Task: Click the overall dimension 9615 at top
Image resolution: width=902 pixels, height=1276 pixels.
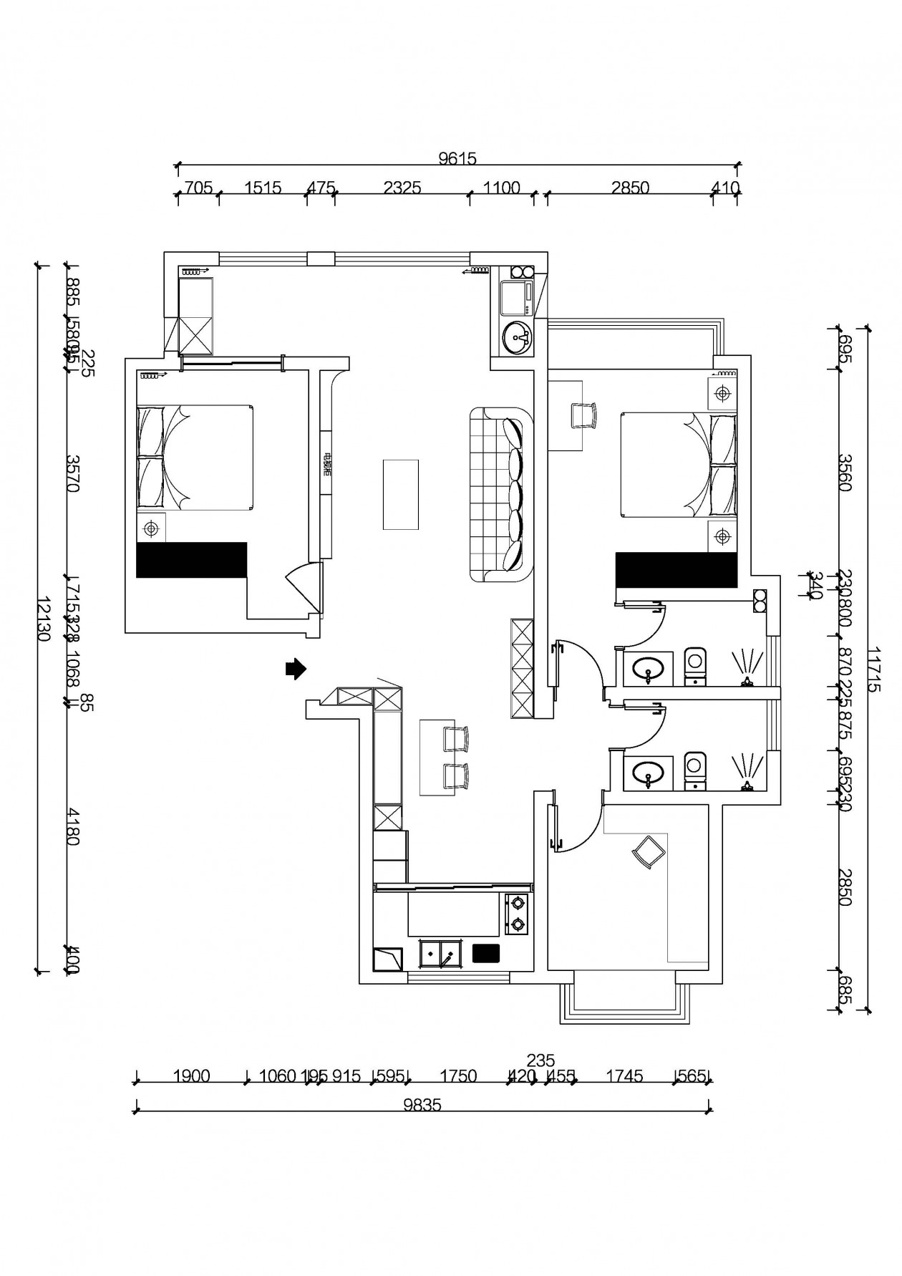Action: tap(457, 159)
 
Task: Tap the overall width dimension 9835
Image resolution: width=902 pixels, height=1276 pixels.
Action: tap(422, 1105)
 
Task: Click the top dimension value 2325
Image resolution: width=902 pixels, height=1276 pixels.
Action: tap(402, 188)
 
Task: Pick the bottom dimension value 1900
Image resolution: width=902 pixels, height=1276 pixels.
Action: tap(192, 1076)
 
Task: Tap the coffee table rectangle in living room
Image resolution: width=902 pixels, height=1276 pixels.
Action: tap(400, 494)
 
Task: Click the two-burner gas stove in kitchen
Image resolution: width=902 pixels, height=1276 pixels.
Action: tap(516, 914)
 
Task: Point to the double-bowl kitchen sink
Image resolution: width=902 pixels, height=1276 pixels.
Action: tap(439, 954)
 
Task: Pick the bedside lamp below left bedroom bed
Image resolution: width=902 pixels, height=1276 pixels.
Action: tap(150, 528)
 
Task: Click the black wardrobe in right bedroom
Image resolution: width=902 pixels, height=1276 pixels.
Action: tap(676, 569)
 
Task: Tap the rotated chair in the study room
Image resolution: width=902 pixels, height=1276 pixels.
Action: tap(648, 851)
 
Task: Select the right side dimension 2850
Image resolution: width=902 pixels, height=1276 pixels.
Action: tap(845, 886)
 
